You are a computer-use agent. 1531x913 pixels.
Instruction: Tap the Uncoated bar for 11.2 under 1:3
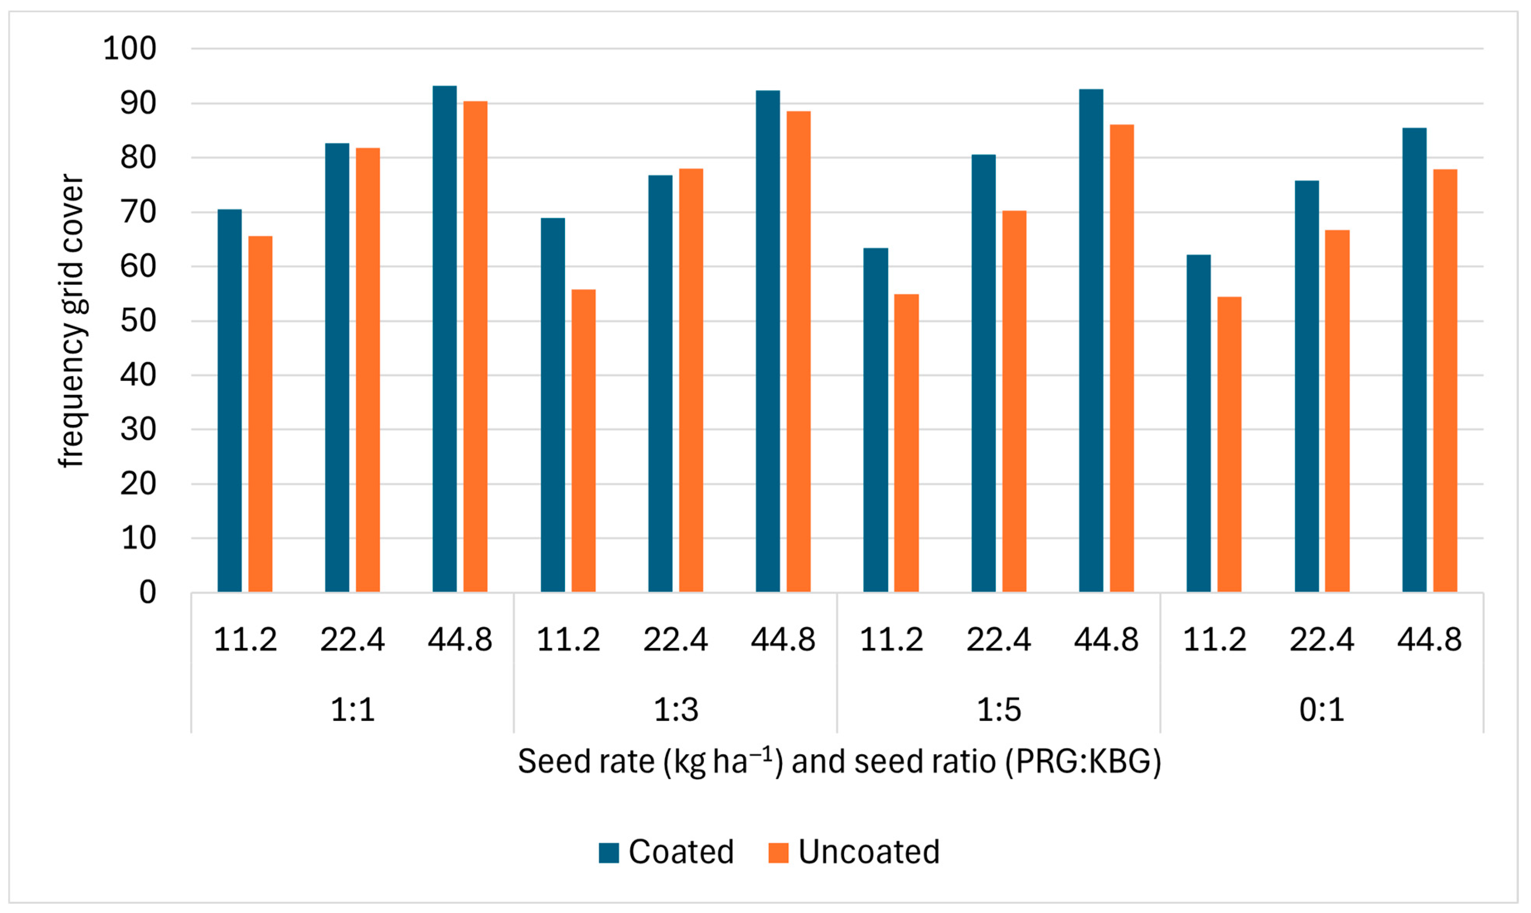(x=583, y=440)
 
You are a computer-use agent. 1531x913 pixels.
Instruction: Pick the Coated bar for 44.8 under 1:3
(x=768, y=341)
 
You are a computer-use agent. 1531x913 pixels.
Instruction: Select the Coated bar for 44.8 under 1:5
(x=1091, y=341)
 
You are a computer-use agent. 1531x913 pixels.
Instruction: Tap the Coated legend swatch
(x=609, y=853)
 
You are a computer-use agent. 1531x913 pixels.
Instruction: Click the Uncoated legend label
(x=869, y=852)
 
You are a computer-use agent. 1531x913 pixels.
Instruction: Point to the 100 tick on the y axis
(x=130, y=48)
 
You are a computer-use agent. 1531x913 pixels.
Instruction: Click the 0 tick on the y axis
(x=148, y=593)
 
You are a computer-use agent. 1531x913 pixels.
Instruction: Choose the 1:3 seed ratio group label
(x=675, y=709)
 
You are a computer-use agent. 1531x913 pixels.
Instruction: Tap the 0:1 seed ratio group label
(x=1321, y=709)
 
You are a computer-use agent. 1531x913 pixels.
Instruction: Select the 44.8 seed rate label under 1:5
(x=1106, y=640)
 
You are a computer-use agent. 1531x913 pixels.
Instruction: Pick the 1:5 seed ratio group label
(x=999, y=709)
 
